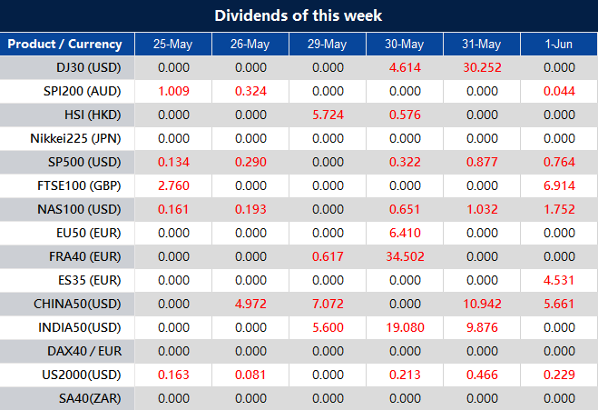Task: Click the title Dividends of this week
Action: [x=299, y=15]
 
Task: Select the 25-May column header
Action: [x=173, y=44]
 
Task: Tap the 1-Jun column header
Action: [x=558, y=44]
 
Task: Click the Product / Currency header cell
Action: [x=64, y=44]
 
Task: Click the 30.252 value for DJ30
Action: [x=481, y=67]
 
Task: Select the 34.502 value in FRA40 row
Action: [x=405, y=256]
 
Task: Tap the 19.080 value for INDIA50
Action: [x=405, y=327]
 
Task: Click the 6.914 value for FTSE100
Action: [x=558, y=185]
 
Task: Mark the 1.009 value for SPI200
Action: [x=173, y=91]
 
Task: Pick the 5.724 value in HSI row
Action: [x=328, y=115]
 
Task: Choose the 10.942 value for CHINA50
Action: [x=481, y=304]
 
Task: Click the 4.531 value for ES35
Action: [x=558, y=280]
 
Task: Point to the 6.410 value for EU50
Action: [x=405, y=233]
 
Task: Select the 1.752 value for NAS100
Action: [x=558, y=209]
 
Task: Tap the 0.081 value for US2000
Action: [x=250, y=375]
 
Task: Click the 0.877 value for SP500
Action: [x=481, y=162]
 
